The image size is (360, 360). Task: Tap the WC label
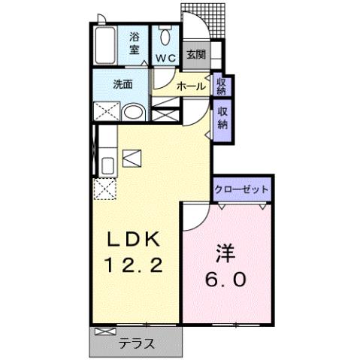[x=165, y=57]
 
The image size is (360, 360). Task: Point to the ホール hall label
[x=192, y=86]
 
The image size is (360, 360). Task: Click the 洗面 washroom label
[x=123, y=84]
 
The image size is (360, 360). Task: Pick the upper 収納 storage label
[x=222, y=85]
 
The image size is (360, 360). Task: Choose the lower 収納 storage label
[x=222, y=117]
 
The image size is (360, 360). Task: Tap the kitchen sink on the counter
[x=105, y=165]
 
